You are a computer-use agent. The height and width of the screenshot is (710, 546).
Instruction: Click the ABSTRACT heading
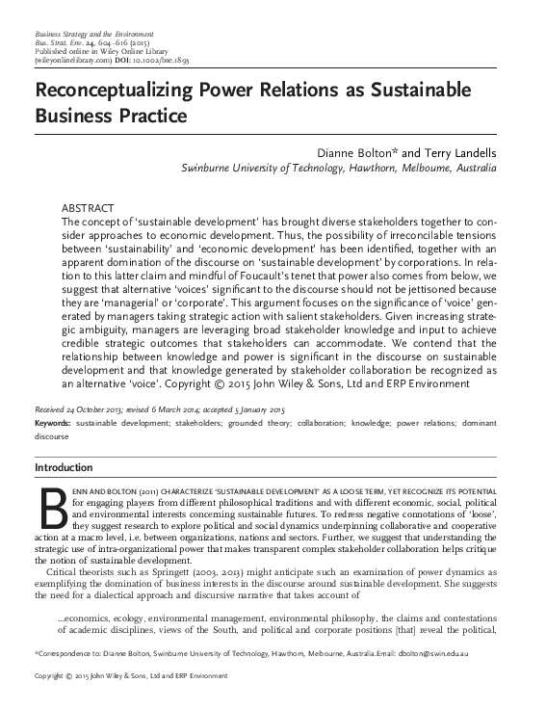(x=88, y=208)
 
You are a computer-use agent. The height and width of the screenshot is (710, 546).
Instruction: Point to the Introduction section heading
(x=64, y=467)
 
